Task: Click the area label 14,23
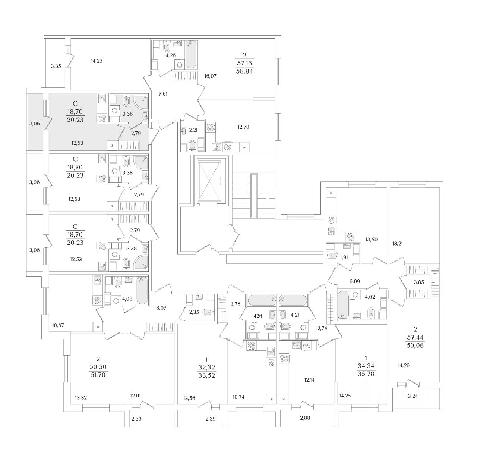click(x=97, y=61)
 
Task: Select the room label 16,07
click(x=210, y=76)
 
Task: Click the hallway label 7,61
click(x=163, y=94)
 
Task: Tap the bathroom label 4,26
click(x=170, y=56)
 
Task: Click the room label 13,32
click(x=81, y=397)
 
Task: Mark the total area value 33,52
click(x=206, y=375)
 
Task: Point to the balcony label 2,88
click(x=305, y=418)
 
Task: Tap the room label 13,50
click(x=372, y=240)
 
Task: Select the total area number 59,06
click(x=416, y=346)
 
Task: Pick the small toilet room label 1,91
click(x=345, y=257)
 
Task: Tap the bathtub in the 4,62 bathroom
click(x=344, y=304)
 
